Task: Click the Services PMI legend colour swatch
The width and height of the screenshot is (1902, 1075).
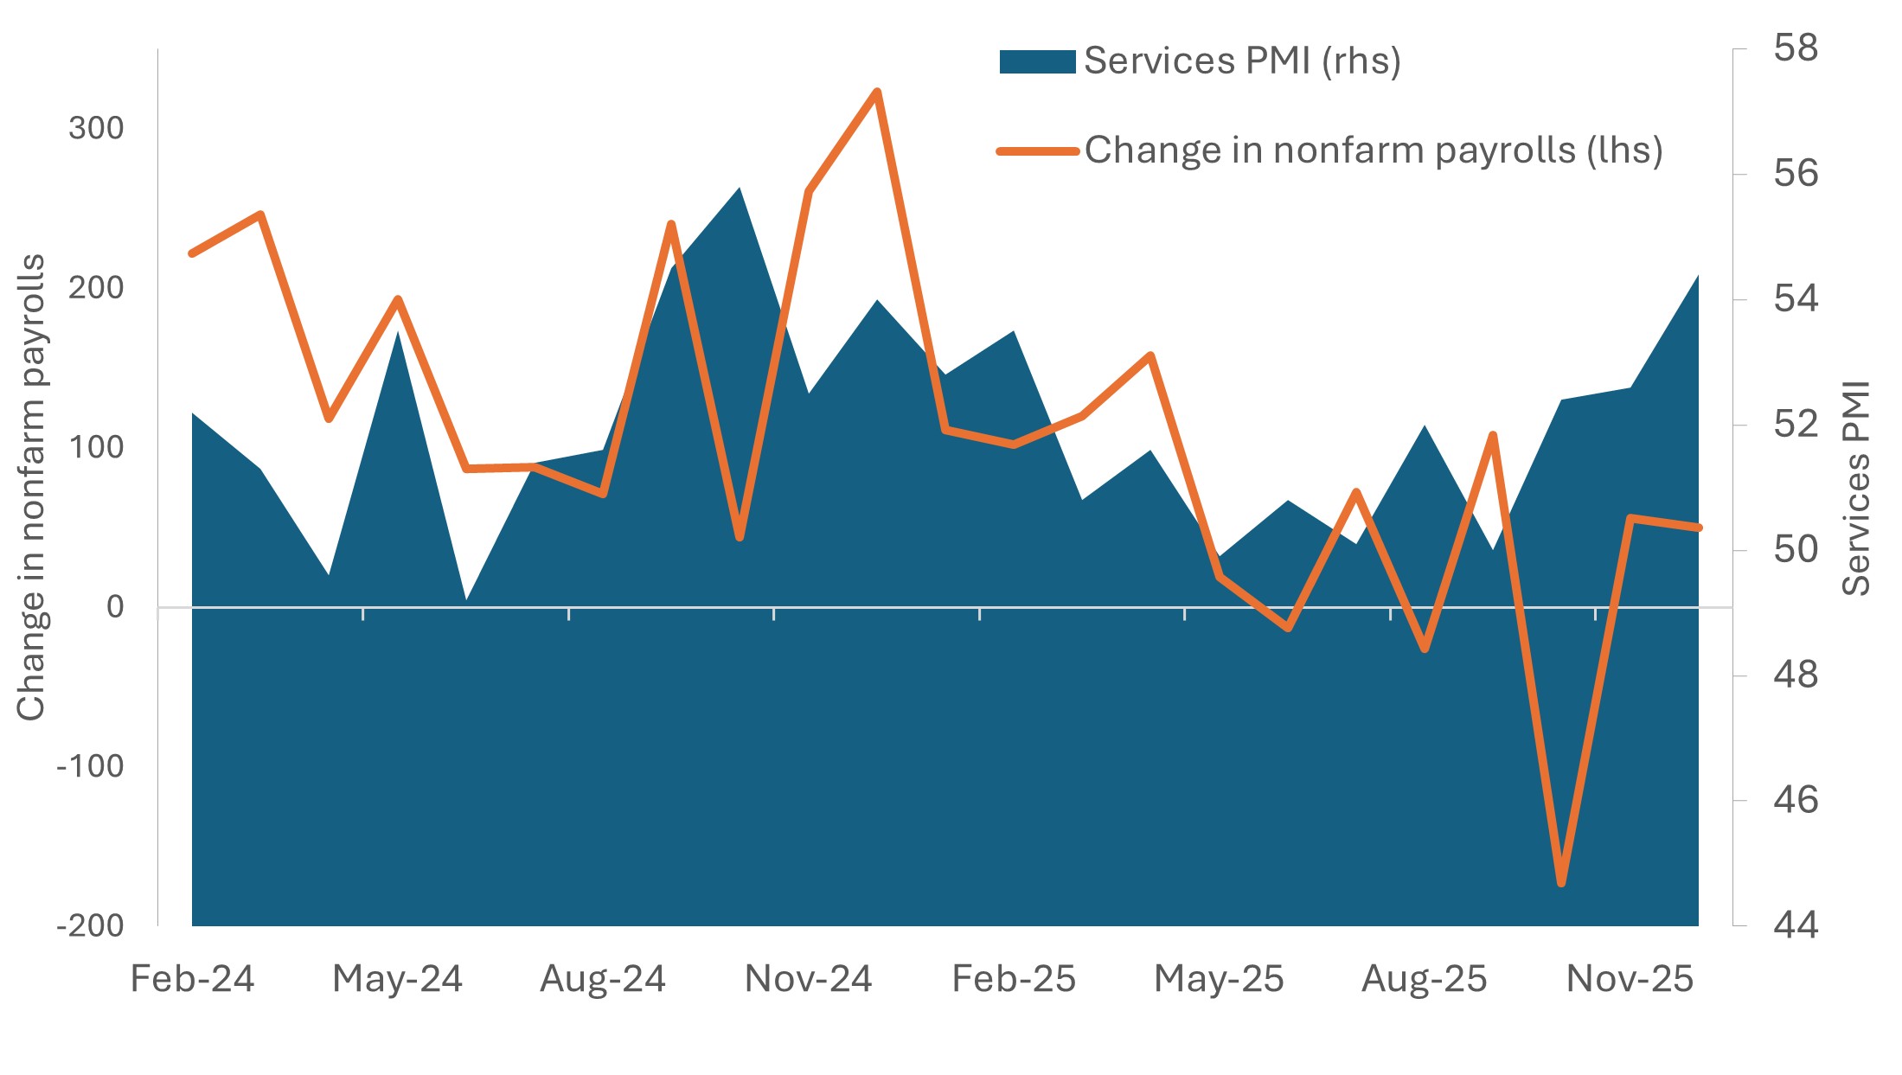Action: [1037, 61]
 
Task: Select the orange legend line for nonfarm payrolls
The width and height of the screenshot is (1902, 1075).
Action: [1037, 151]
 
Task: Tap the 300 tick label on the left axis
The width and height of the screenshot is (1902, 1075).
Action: [96, 128]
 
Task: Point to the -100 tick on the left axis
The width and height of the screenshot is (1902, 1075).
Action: [90, 766]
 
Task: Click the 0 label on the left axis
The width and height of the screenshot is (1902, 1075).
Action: [115, 607]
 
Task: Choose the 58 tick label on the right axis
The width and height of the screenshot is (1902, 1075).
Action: [1796, 48]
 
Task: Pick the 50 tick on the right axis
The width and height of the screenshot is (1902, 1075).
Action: [1796, 550]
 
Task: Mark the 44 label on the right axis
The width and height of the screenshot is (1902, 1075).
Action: [1796, 925]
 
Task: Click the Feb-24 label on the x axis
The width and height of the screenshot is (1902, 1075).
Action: [192, 979]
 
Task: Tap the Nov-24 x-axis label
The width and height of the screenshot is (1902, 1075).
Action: [808, 979]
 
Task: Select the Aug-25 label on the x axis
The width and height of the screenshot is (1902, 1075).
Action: [1424, 979]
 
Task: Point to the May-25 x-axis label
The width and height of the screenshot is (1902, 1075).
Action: [1219, 979]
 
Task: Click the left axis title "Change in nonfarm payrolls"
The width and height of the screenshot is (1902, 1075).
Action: [31, 487]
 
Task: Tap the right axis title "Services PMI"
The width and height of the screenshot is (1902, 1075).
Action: [1856, 489]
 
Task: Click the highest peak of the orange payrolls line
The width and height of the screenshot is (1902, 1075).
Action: [876, 92]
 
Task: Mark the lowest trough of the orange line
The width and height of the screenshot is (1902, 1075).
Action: [1561, 883]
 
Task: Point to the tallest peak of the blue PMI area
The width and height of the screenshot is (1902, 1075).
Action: [740, 189]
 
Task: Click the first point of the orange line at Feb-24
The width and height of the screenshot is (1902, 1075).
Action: [192, 253]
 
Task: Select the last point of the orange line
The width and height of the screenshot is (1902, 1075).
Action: [1698, 528]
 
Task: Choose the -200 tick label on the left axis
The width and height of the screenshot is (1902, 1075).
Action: [90, 926]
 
